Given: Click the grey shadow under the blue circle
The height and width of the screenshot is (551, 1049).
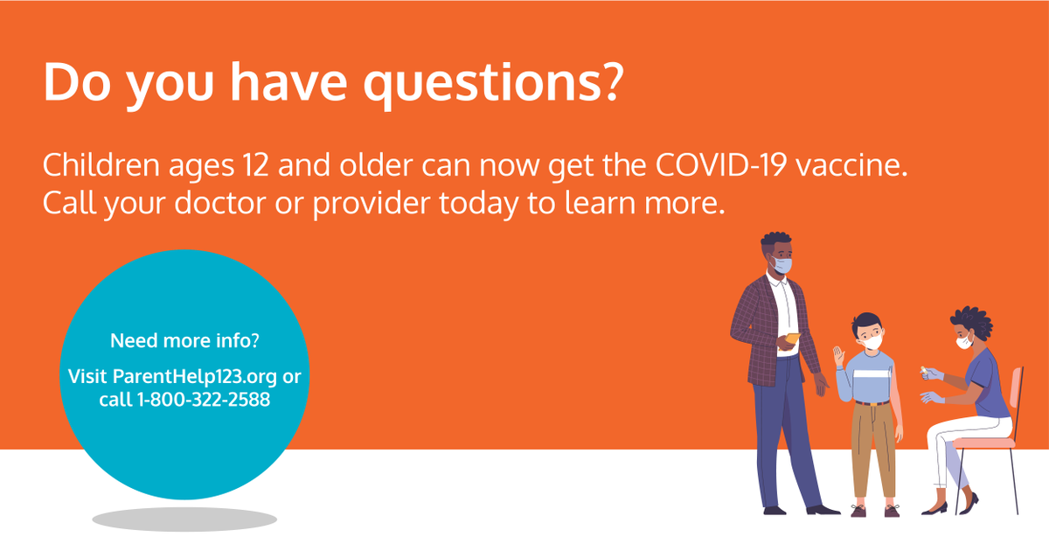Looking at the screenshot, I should pos(184,520).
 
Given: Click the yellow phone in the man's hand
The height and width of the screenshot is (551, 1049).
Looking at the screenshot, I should pos(793,338).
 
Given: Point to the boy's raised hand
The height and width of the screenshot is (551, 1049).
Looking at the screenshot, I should pos(839,358).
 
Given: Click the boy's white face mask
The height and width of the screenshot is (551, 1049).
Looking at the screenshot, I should pos(871,334).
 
